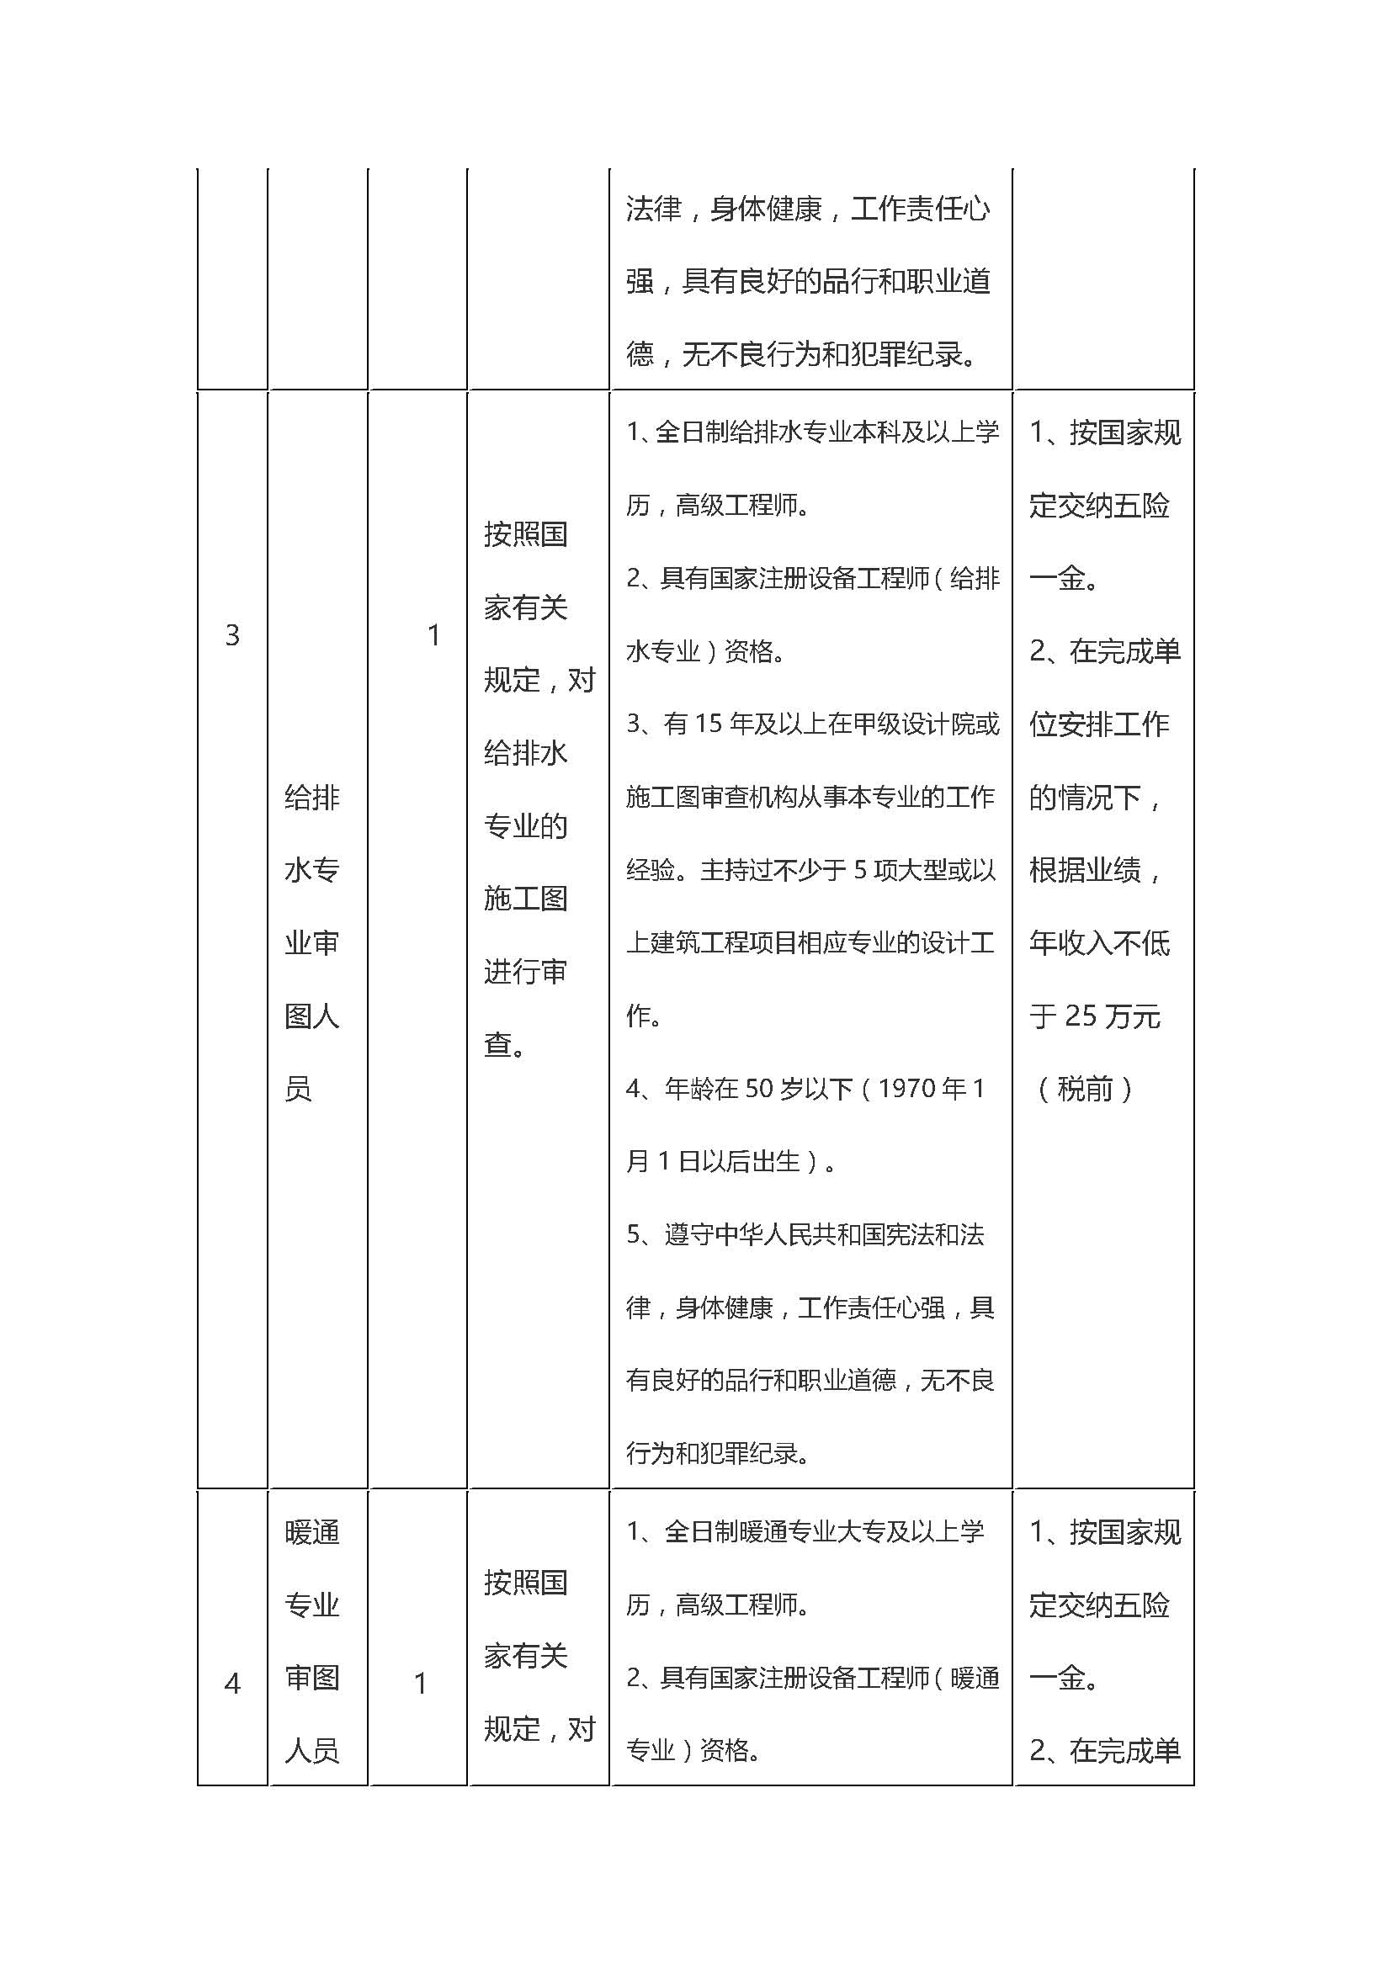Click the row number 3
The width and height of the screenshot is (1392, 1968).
click(231, 635)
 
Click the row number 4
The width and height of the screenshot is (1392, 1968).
click(231, 1684)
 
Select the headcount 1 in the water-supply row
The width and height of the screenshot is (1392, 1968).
click(433, 635)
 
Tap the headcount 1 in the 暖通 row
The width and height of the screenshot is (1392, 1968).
click(420, 1684)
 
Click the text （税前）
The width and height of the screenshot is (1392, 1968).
click(1085, 1090)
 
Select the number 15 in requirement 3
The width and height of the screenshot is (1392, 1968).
click(709, 724)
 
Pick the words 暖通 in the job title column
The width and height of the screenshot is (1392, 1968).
click(312, 1531)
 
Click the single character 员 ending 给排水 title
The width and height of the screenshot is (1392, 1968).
click(297, 1089)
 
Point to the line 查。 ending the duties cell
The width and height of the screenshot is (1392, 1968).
click(504, 1044)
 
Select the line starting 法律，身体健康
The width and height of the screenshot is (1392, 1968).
click(807, 209)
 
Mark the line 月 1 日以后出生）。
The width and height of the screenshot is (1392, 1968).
click(731, 1161)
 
